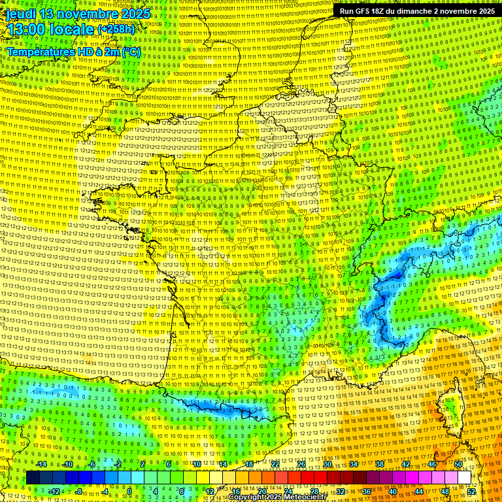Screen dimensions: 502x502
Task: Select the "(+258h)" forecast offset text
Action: click(x=116, y=29)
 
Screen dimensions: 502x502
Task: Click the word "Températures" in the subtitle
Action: click(x=40, y=52)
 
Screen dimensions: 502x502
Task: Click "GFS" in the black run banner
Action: click(x=361, y=11)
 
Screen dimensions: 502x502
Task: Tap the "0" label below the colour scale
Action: click(x=129, y=491)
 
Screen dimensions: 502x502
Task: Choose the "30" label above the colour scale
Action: click(x=327, y=464)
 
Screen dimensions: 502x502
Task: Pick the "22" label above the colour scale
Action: click(x=275, y=464)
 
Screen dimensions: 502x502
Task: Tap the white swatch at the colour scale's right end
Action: click(x=463, y=478)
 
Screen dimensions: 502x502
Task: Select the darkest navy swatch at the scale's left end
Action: click(x=33, y=478)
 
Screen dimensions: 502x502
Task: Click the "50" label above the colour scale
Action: click(x=458, y=464)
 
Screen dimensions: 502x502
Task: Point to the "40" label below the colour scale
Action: click(x=393, y=491)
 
